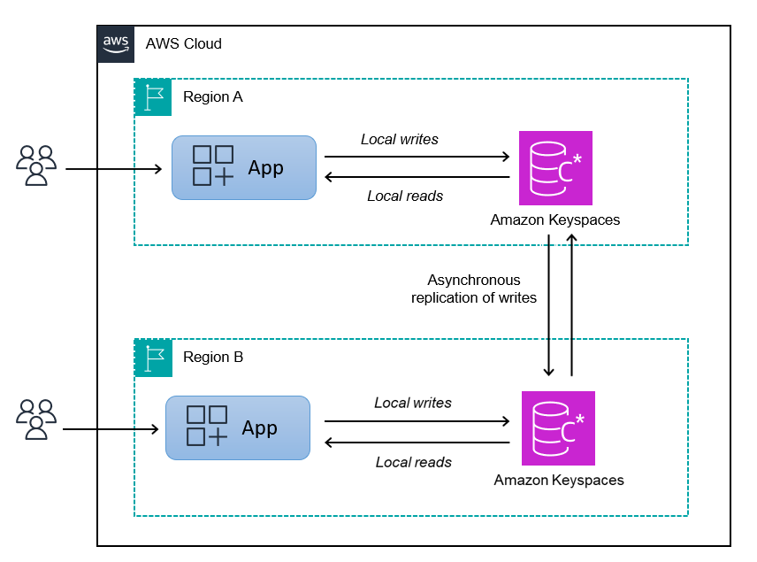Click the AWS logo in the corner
(x=115, y=43)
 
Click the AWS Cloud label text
(x=184, y=43)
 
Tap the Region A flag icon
(x=153, y=96)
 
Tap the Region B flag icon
(x=153, y=358)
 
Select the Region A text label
(x=212, y=97)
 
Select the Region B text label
(x=212, y=358)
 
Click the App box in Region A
(x=243, y=167)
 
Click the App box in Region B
(x=238, y=427)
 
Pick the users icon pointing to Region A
(x=36, y=166)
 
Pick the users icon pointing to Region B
(x=36, y=420)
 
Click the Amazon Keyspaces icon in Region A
(x=555, y=168)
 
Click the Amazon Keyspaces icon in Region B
(x=558, y=428)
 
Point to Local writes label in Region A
(x=400, y=139)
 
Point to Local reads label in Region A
(x=405, y=196)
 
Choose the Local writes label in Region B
(x=413, y=403)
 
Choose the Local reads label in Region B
(x=414, y=462)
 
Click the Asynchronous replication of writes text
(x=474, y=289)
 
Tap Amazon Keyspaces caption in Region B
(x=559, y=480)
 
